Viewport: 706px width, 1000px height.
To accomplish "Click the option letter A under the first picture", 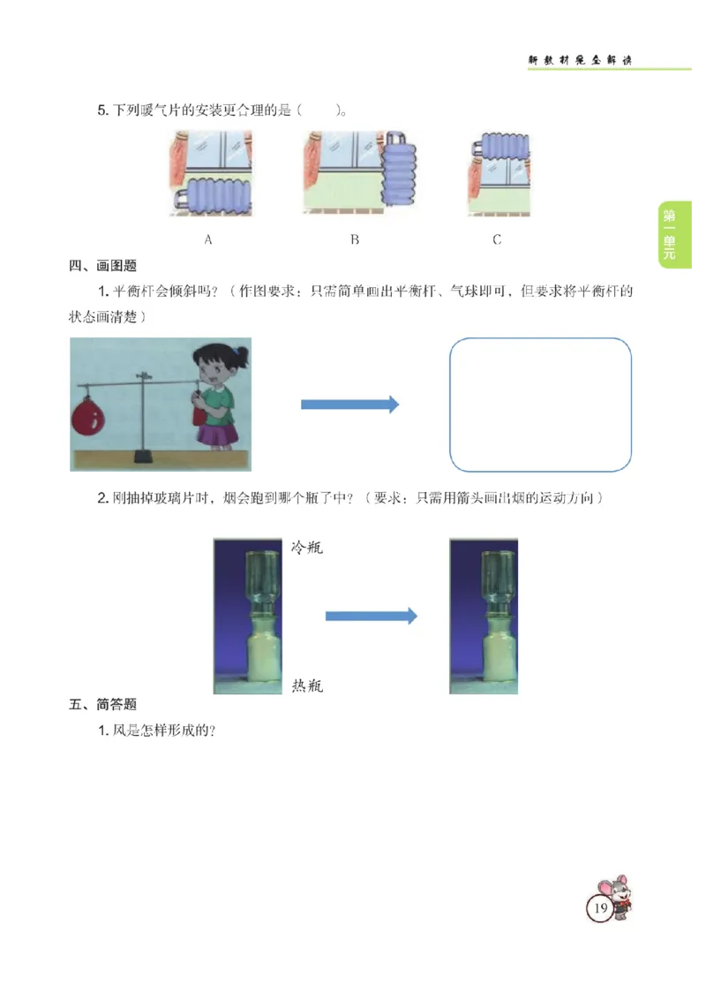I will tap(208, 239).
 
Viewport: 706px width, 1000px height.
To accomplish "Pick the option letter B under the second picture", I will tap(355, 239).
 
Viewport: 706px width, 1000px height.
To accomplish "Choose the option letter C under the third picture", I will tap(497, 239).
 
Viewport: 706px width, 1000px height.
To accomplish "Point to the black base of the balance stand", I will tap(142, 458).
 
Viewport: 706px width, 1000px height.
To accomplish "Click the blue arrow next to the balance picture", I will tap(349, 405).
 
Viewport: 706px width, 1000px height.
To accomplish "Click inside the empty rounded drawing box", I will tap(540, 405).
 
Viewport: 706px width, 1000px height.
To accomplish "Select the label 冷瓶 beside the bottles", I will tap(307, 548).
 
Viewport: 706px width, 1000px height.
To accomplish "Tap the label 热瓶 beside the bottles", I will tap(307, 686).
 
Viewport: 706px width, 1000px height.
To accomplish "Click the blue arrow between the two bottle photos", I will tap(371, 617).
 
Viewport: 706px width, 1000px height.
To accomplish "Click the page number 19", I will tap(600, 908).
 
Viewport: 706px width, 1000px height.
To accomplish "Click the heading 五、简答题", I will tap(103, 705).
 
